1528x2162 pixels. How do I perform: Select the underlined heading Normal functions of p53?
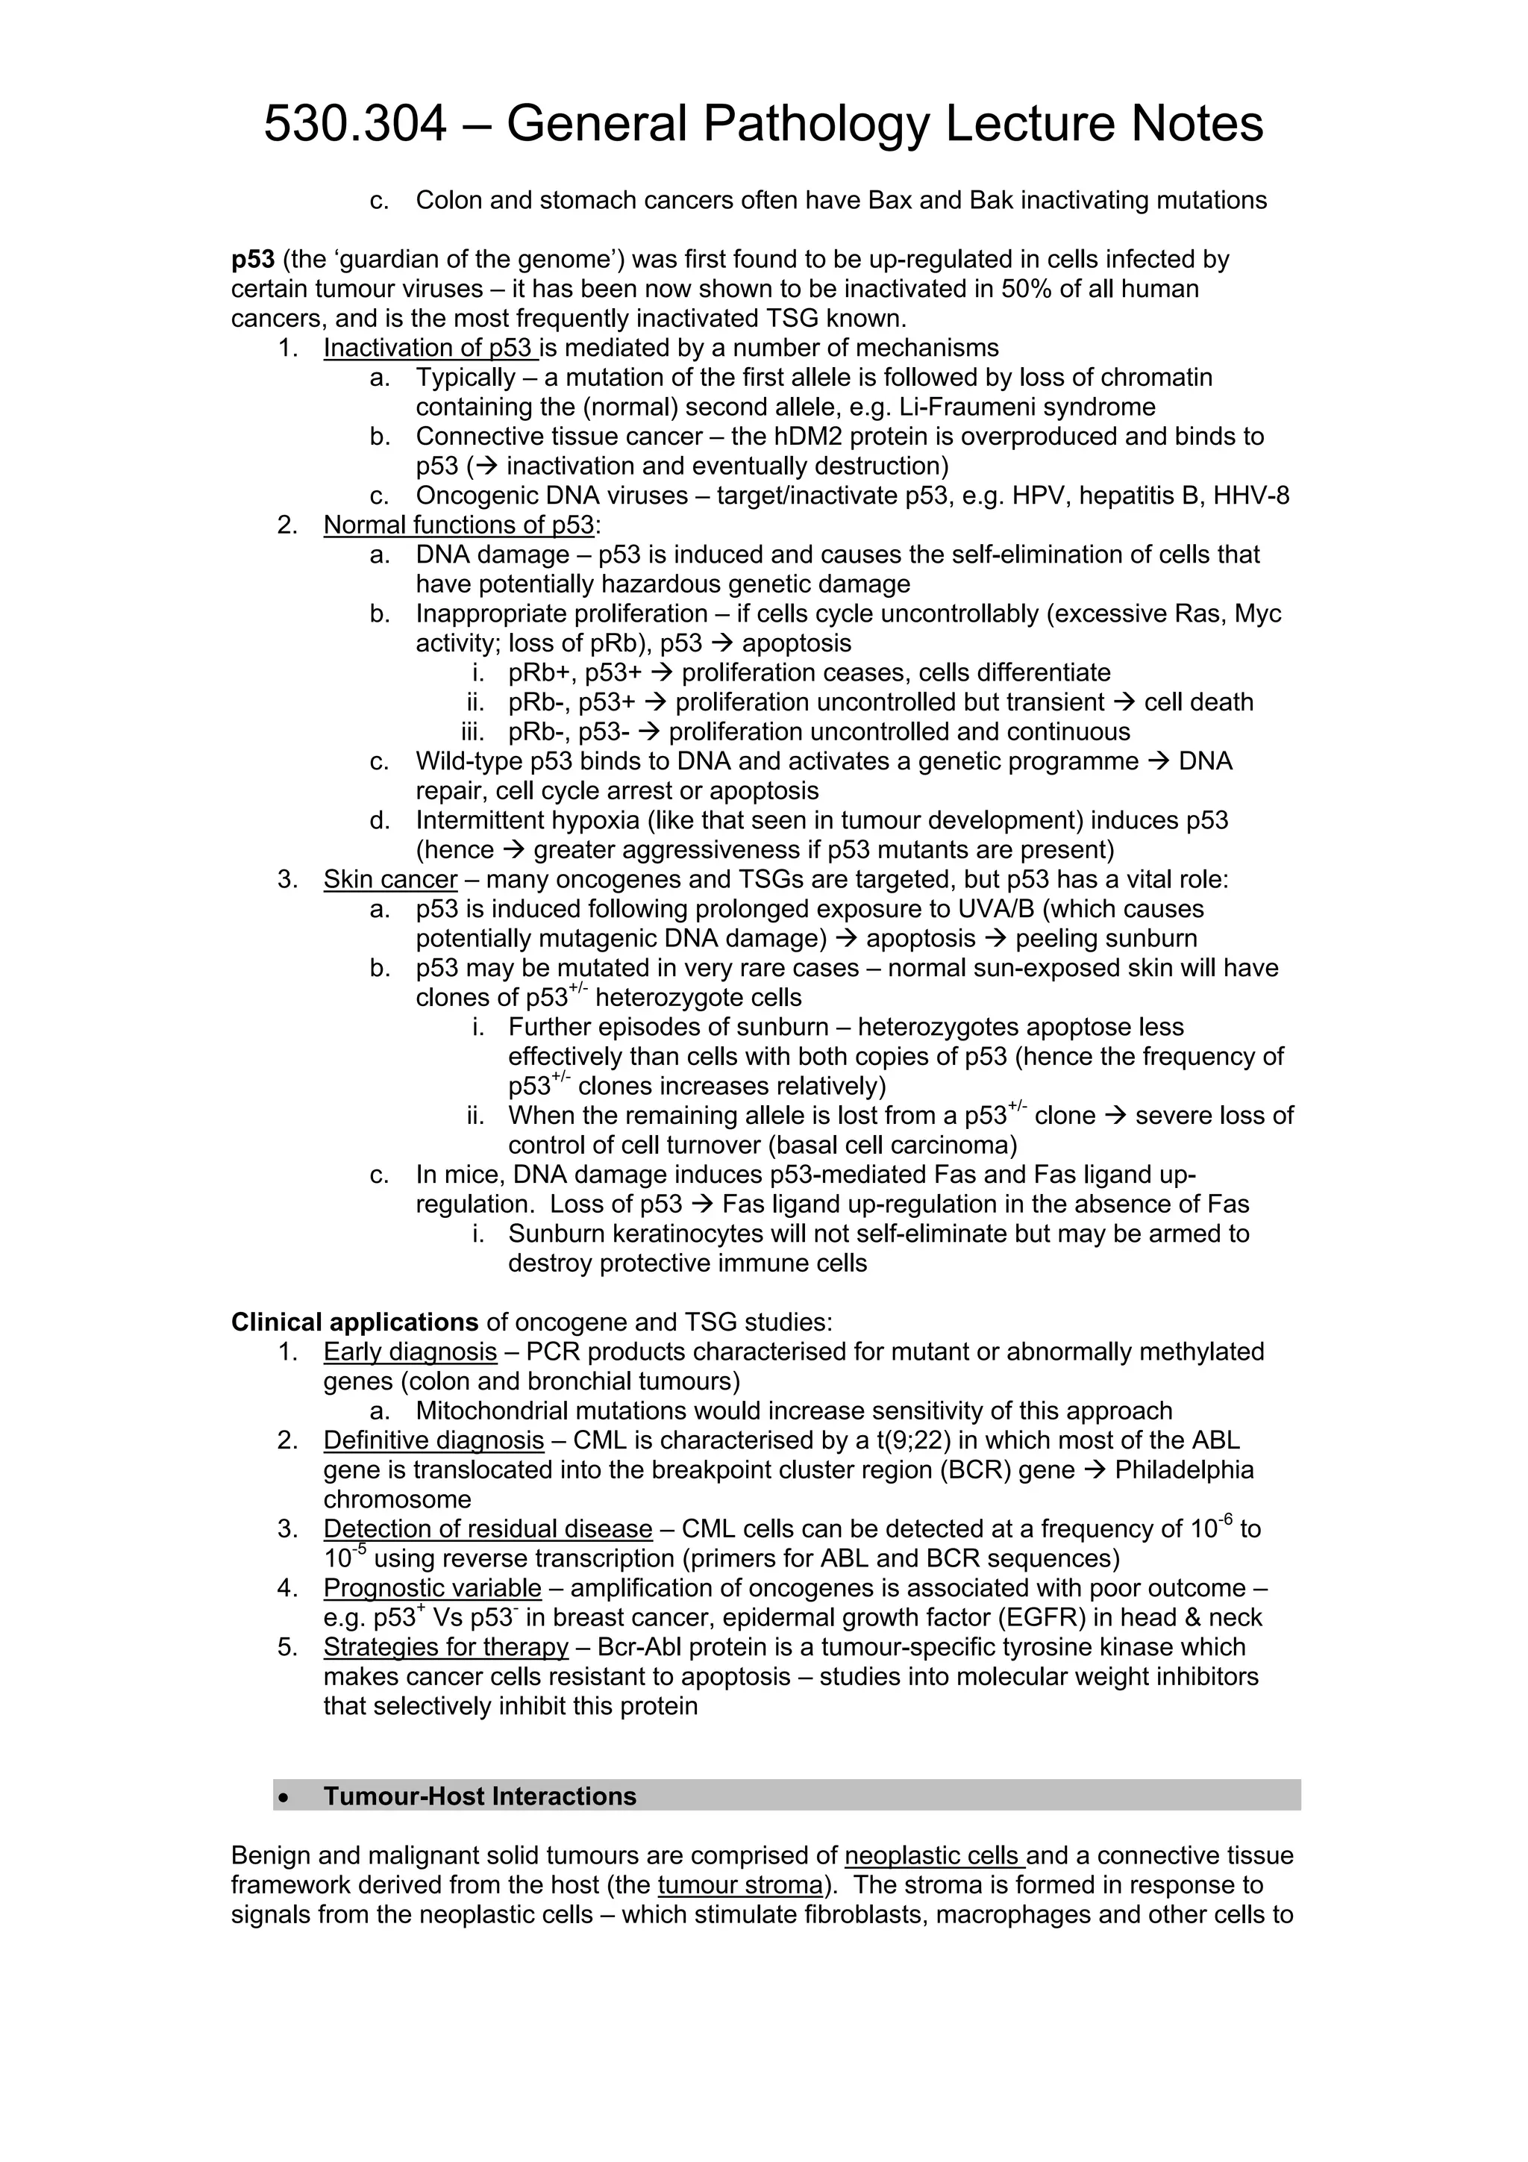[459, 525]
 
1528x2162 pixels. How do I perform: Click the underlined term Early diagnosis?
[410, 1352]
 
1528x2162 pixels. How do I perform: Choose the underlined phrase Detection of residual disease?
[488, 1529]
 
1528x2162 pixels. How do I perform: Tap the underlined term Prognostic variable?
[432, 1589]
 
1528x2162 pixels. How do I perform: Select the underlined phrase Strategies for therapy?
[445, 1648]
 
